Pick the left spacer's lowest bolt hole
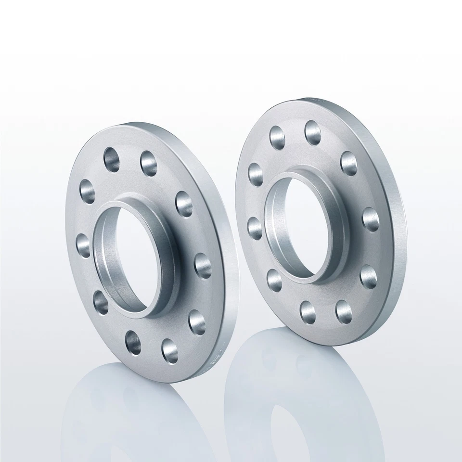168,349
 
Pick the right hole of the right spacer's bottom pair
343,312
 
